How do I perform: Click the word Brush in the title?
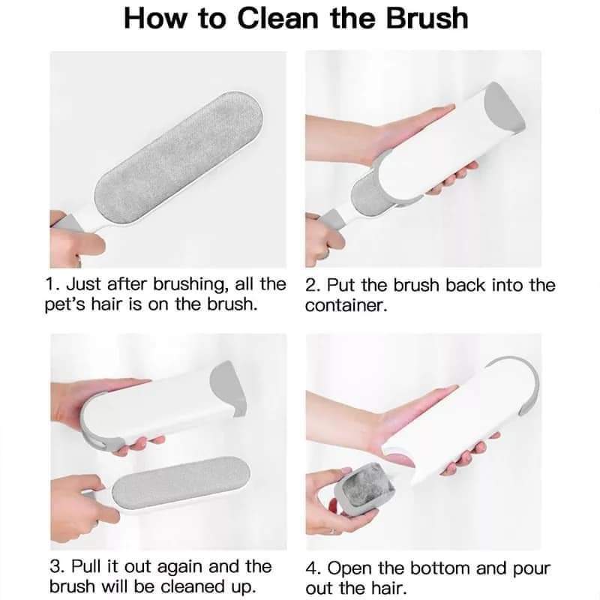pyautogui.click(x=427, y=18)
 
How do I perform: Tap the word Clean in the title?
pyautogui.click(x=277, y=18)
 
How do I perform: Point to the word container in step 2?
pyautogui.click(x=346, y=305)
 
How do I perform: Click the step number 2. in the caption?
pyautogui.click(x=313, y=286)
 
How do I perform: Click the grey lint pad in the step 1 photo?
pyautogui.click(x=179, y=157)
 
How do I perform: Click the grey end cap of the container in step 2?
pyautogui.click(x=504, y=108)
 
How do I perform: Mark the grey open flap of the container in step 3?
pyautogui.click(x=229, y=386)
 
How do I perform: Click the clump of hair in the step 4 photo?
pyautogui.click(x=368, y=484)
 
